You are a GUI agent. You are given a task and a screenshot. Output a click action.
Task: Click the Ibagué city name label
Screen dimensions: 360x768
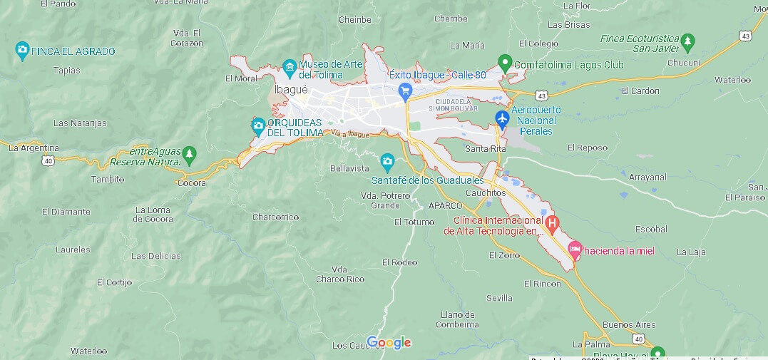[291, 90]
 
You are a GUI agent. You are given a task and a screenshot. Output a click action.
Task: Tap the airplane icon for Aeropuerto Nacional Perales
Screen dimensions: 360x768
[502, 118]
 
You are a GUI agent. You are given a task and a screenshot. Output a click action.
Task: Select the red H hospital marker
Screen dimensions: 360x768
[552, 225]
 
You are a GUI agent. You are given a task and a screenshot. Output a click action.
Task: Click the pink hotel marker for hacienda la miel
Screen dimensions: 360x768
[575, 250]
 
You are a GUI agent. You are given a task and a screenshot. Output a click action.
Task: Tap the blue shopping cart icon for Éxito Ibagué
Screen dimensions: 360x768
[405, 91]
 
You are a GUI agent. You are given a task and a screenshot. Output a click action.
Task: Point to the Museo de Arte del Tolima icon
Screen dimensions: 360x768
[290, 68]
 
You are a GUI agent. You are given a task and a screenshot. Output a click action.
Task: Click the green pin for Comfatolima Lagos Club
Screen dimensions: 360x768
[505, 63]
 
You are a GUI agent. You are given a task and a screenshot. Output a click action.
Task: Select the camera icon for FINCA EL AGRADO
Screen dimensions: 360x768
[22, 51]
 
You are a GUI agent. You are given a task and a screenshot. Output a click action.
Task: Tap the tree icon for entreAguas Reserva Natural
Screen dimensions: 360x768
[188, 153]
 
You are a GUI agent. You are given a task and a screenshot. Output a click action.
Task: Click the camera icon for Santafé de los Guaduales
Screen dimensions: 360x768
[387, 162]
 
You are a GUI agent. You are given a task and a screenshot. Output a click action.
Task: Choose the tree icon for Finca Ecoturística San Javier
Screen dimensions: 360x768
[687, 42]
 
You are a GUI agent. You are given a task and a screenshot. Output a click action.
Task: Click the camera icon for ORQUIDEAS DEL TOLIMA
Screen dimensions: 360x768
[258, 127]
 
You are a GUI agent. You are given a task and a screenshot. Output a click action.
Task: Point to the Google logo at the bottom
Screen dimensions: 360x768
[389, 343]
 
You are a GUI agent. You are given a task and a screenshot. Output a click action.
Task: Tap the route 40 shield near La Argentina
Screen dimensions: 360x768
[48, 161]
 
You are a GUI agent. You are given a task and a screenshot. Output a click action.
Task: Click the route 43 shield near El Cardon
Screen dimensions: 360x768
[543, 95]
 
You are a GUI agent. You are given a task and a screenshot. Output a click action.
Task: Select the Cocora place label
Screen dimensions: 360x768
[192, 183]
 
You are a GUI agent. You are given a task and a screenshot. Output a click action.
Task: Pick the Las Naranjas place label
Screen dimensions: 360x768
[80, 123]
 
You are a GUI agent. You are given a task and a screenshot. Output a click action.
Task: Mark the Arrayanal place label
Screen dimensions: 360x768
[647, 176]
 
